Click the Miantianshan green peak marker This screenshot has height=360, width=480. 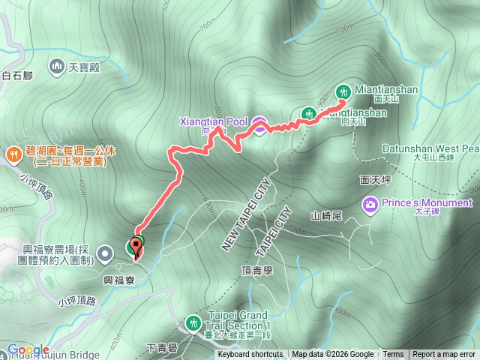[x=343, y=90]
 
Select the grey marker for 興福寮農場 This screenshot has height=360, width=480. [x=106, y=252]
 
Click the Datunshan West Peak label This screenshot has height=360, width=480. [x=430, y=148]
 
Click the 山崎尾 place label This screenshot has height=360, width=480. [x=326, y=216]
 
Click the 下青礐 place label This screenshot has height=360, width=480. [x=161, y=347]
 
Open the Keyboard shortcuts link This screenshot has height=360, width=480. [x=250, y=355]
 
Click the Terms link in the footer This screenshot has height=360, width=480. [x=393, y=355]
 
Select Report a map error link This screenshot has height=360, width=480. [x=444, y=355]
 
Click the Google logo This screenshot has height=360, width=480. [x=28, y=350]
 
